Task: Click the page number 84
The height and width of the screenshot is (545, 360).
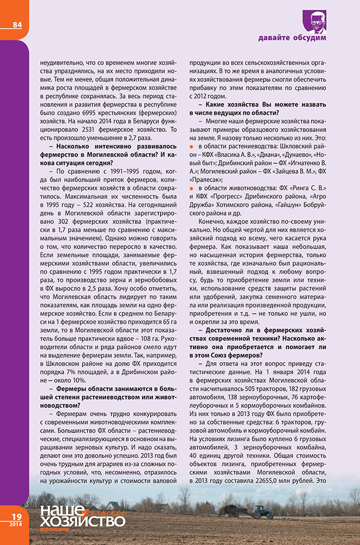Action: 17,25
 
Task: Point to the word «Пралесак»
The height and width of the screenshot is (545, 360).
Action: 207,181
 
